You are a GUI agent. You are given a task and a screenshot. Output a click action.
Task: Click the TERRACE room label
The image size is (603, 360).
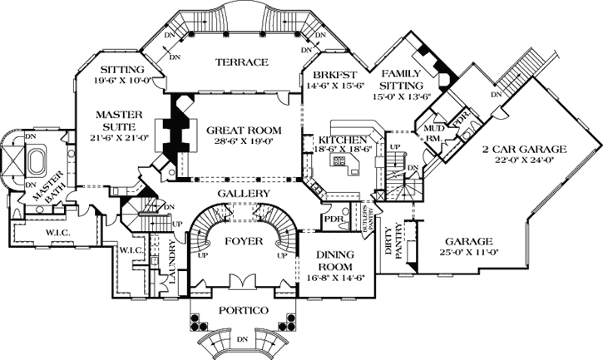coord(241,62)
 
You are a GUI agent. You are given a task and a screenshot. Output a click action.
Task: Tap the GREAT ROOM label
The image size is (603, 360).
coord(244,131)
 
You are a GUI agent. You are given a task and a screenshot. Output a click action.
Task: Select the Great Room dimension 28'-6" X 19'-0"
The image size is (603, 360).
coord(244,142)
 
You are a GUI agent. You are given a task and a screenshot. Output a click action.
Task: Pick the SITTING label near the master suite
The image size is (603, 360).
coord(121,69)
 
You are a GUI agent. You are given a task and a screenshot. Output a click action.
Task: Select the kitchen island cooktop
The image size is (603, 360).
coord(340,163)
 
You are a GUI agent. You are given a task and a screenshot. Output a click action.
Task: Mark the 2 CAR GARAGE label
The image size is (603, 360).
coord(523,150)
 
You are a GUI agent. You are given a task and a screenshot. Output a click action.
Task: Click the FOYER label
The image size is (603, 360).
coord(243,241)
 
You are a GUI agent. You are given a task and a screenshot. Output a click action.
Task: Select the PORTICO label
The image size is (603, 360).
coord(243,310)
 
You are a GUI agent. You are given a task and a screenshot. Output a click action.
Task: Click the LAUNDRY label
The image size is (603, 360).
coord(173,264)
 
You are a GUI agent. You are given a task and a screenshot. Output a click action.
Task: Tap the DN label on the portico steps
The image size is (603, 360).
coord(242,339)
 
